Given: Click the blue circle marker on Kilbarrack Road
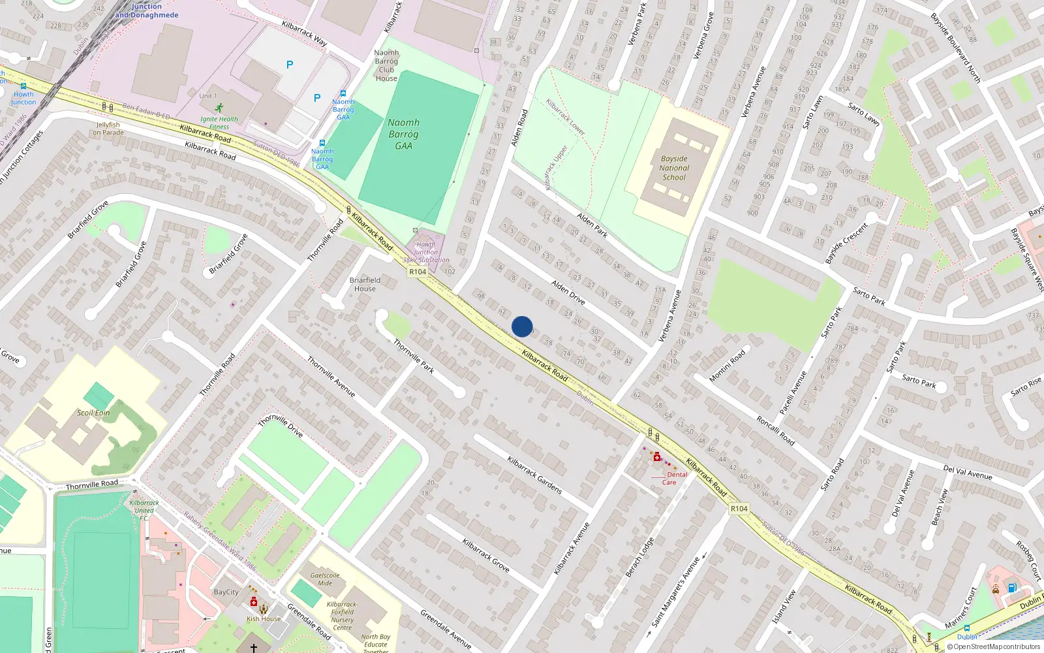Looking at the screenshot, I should point(522,326).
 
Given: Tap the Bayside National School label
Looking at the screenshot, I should point(674,168).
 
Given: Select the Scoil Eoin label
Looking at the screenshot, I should point(93,413).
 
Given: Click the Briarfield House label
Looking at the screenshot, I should point(365,284).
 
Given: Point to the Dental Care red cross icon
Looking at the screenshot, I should point(657,457).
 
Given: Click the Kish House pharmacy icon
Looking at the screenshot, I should point(254,601).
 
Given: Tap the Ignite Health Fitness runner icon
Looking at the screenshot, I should point(219,108).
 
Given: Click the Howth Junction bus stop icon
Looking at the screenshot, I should point(23,86).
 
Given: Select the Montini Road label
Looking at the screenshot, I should point(727,366).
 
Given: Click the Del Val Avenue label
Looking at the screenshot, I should point(968,472).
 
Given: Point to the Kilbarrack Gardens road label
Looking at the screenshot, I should point(534,475).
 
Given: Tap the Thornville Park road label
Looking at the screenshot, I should point(414,356).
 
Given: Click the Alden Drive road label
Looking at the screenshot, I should point(568,292).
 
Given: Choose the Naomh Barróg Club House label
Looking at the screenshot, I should point(386,65).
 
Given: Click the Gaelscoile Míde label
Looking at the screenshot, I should point(325,579).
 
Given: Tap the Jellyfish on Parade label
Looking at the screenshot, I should point(108,128).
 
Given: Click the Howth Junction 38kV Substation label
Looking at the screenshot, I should point(426,252).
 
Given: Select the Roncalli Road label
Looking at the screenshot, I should point(776,430).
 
